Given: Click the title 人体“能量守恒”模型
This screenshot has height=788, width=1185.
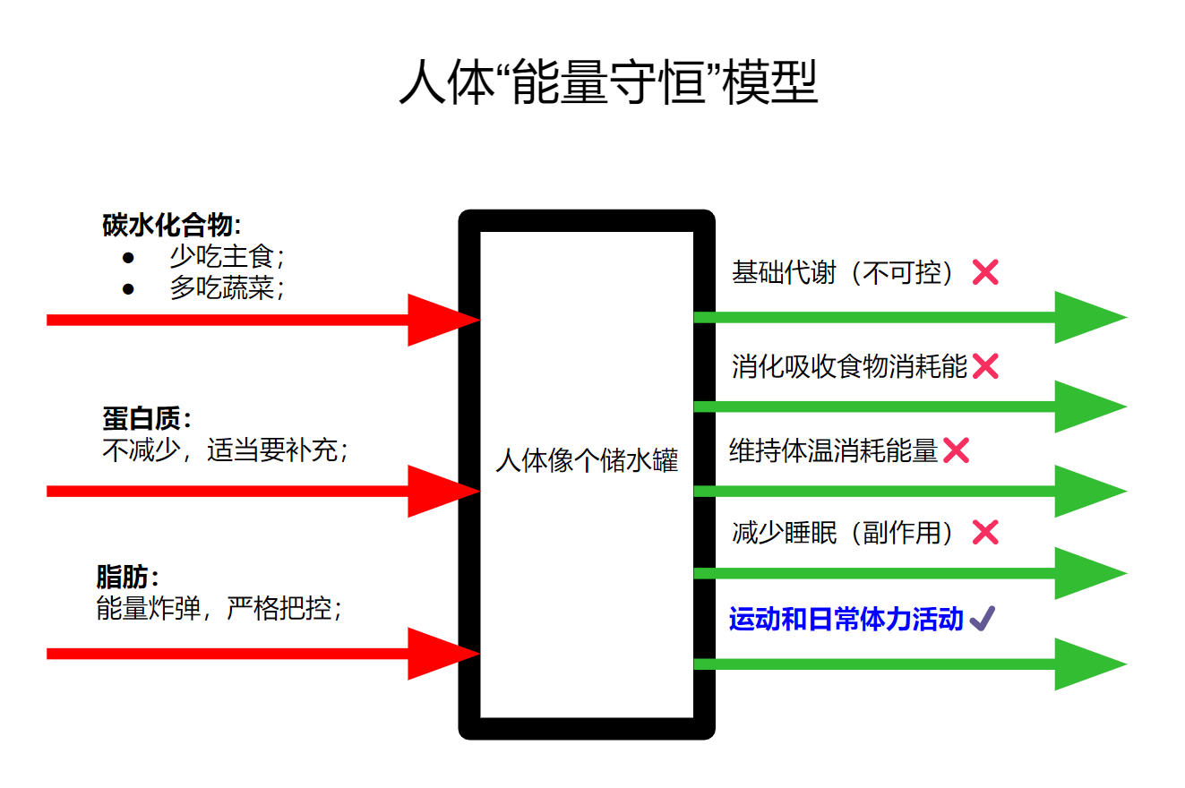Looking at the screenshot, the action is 607,83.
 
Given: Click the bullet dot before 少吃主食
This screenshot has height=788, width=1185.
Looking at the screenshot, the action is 128,258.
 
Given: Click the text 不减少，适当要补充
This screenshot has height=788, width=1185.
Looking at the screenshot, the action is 224,450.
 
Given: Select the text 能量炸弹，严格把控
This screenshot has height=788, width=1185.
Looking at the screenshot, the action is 219,609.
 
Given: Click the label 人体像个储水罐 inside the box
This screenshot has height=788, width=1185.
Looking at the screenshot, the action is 587,461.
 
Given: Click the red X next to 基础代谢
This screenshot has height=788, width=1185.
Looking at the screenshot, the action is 985,272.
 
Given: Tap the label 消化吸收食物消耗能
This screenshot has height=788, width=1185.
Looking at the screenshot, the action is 849,366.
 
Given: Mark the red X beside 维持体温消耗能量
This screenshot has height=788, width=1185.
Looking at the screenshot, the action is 956,450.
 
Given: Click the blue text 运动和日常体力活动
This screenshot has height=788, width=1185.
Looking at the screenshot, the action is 846,619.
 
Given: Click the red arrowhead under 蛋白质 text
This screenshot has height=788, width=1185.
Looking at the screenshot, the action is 443,491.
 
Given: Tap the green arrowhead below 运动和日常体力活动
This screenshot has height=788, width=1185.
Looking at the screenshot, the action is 1089,664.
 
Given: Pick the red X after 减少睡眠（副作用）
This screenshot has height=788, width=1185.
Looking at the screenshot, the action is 985,533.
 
